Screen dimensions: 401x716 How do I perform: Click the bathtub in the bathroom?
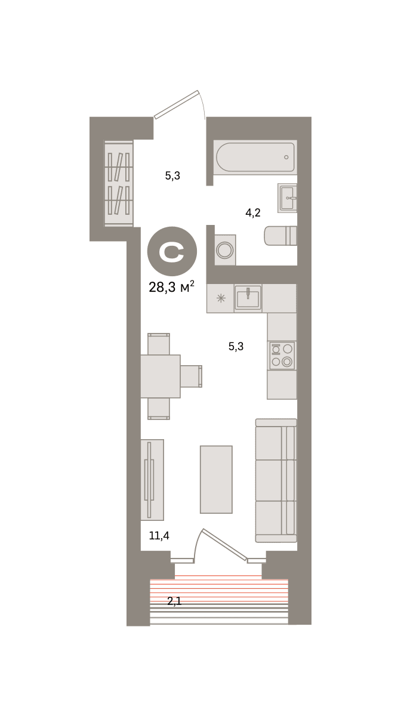click(x=255, y=158)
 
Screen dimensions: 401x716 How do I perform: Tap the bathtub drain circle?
click(x=286, y=157)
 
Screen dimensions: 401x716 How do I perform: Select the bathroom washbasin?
click(x=287, y=198)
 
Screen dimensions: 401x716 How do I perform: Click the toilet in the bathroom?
click(x=280, y=236)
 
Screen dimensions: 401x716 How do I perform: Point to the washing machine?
click(x=225, y=250)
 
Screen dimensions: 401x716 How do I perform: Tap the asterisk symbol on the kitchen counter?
click(x=221, y=298)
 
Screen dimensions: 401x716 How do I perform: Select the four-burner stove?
click(x=282, y=356)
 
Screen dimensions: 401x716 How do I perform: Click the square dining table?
click(x=161, y=376)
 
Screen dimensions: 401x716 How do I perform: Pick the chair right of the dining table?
click(x=191, y=376)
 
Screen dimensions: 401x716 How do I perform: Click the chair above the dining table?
click(x=159, y=344)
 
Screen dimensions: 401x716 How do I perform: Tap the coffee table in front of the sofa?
click(x=216, y=480)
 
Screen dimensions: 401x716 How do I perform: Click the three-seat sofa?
click(x=276, y=480)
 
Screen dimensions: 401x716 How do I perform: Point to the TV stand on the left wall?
click(x=152, y=480)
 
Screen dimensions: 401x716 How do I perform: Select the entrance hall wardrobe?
click(x=119, y=183)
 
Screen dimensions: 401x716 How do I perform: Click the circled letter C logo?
click(x=172, y=251)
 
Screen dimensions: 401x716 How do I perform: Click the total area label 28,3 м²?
click(x=171, y=287)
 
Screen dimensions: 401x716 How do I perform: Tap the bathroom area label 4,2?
click(x=253, y=212)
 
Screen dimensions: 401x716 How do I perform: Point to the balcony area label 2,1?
click(x=174, y=601)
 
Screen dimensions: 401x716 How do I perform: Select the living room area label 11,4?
click(x=159, y=535)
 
